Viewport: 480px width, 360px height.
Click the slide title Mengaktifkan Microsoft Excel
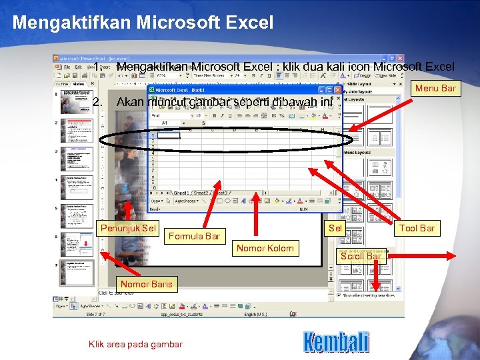click(143, 23)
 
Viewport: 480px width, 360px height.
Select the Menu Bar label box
click(435, 88)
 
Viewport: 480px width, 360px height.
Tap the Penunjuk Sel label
click(128, 229)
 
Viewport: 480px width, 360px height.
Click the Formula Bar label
click(194, 236)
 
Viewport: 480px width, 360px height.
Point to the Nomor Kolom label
click(265, 249)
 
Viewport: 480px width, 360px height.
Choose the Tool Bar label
click(417, 228)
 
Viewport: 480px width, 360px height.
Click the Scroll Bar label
click(361, 256)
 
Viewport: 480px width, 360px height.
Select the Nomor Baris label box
click(147, 284)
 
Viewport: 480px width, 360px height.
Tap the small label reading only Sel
click(337, 228)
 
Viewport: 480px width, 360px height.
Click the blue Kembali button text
click(336, 342)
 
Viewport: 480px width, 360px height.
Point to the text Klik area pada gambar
click(135, 344)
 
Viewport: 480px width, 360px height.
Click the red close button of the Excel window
click(338, 90)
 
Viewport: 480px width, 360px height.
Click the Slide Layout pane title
click(363, 84)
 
